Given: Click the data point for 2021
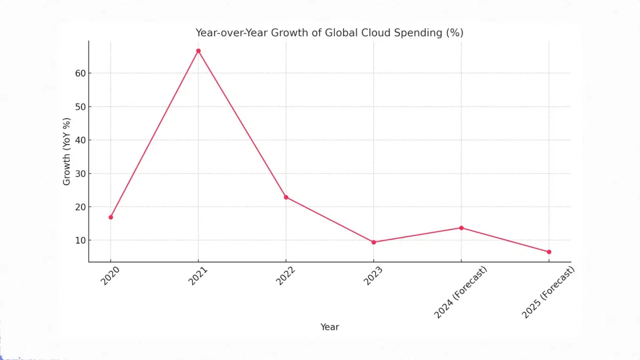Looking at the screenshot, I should pyautogui.click(x=198, y=51).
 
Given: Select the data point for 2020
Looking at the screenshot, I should pyautogui.click(x=110, y=217).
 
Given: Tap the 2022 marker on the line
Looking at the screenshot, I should pyautogui.click(x=286, y=197).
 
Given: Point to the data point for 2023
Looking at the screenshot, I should pyautogui.click(x=374, y=242).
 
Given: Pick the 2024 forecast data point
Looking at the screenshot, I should pyautogui.click(x=461, y=228).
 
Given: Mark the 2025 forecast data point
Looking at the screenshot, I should pyautogui.click(x=549, y=252).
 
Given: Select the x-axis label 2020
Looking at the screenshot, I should pyautogui.click(x=110, y=276).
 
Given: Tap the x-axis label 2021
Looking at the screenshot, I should pyautogui.click(x=197, y=276).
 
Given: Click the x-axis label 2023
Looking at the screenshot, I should pyautogui.click(x=373, y=276).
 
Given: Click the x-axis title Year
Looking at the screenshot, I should pyautogui.click(x=330, y=327).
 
